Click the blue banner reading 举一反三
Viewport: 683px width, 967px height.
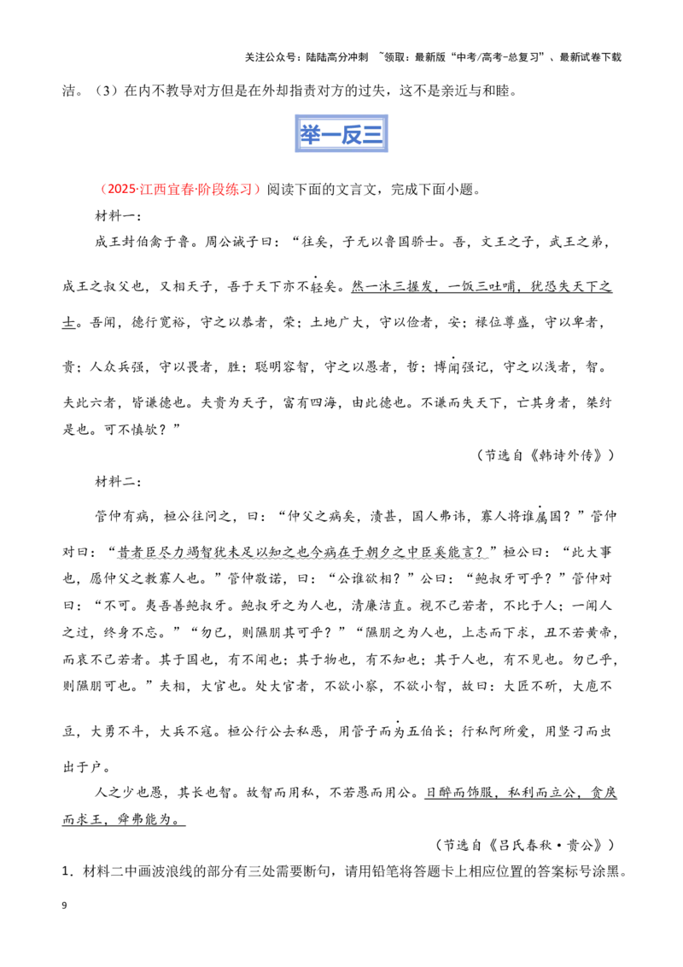point(341,134)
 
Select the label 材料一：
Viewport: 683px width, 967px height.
point(119,216)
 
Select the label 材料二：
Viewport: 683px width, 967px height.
point(119,481)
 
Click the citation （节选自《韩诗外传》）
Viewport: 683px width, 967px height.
point(546,455)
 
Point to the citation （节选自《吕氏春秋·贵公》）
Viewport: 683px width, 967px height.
point(525,845)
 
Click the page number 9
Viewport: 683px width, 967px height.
point(65,905)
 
